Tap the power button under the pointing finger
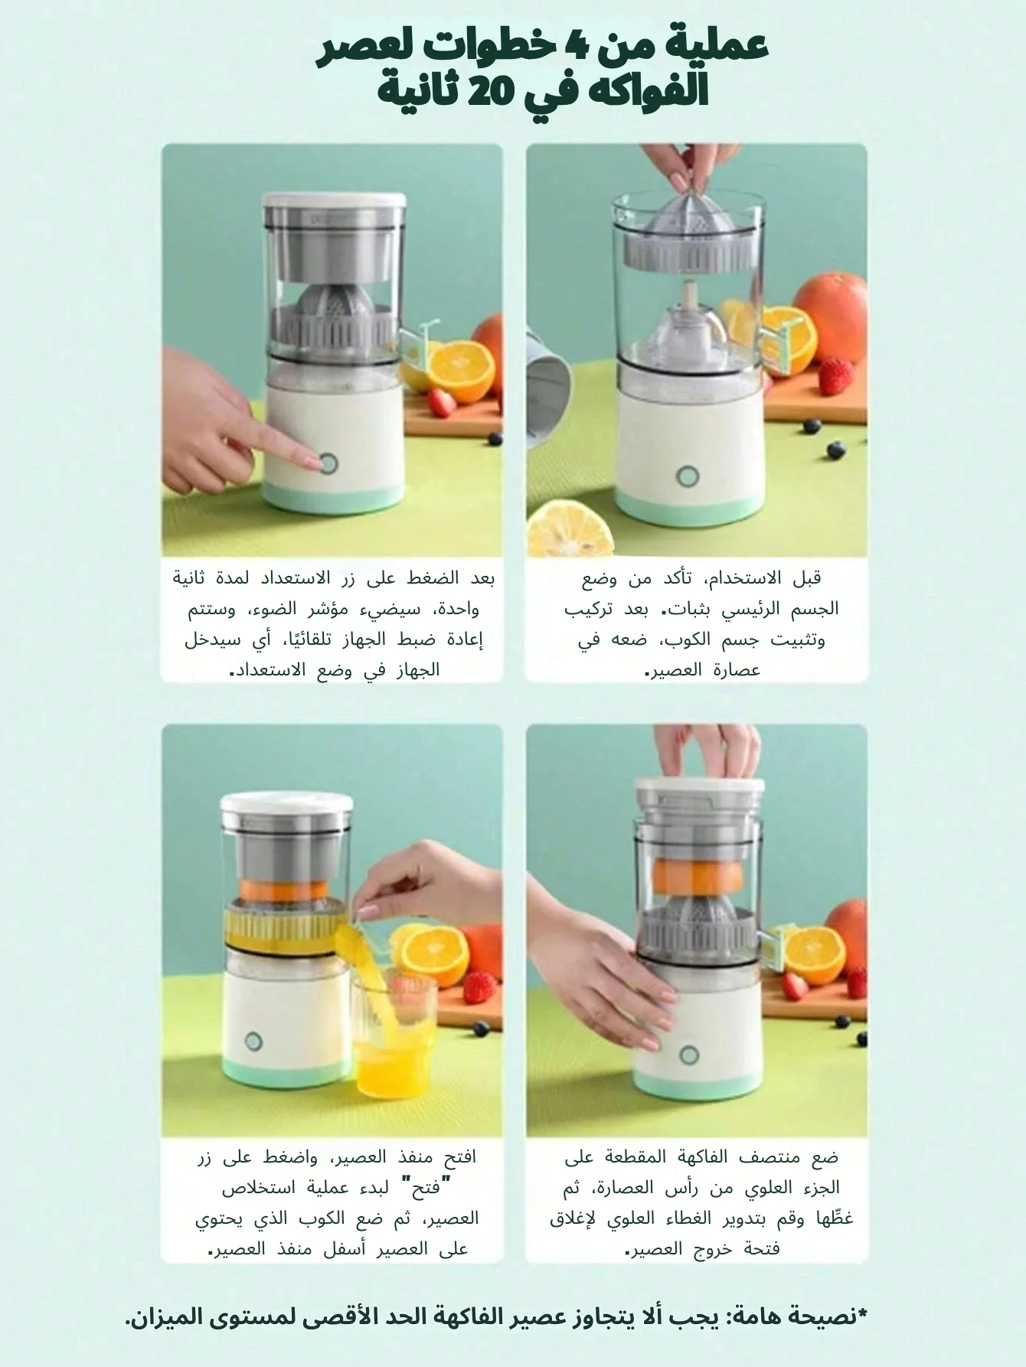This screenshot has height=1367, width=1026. [x=330, y=463]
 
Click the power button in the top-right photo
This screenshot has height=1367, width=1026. [x=688, y=476]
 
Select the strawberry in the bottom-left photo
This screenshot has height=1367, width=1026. [x=480, y=985]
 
